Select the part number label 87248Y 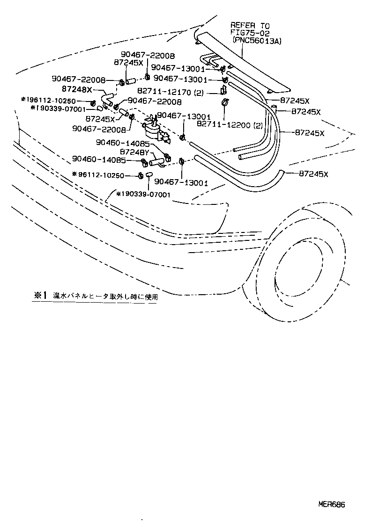[x=135, y=152]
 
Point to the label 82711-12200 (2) [x=229, y=125]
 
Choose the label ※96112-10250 [x=98, y=175]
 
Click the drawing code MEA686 [x=332, y=504]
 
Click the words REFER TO [x=250, y=26]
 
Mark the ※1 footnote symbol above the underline [x=40, y=295]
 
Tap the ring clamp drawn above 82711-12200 [x=224, y=102]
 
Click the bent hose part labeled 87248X [x=107, y=97]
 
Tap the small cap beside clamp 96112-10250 [x=149, y=175]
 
